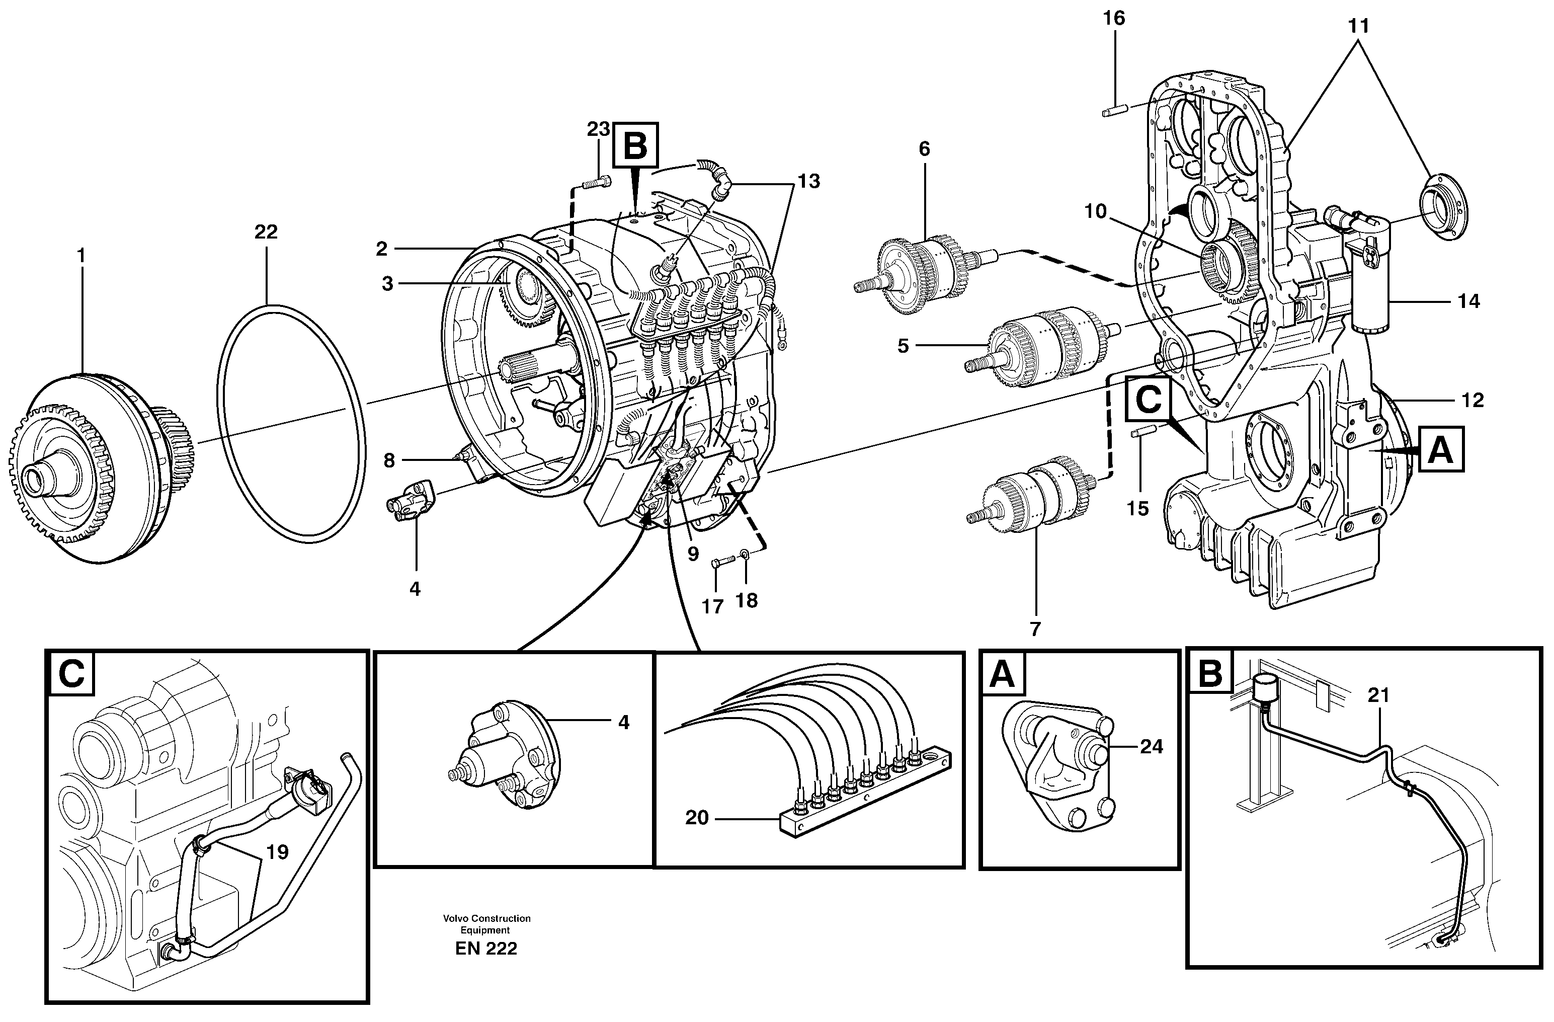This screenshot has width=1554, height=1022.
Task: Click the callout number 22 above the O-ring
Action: pos(266,232)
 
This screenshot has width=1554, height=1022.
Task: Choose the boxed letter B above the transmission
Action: pos(635,145)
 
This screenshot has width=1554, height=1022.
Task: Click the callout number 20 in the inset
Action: pos(697,818)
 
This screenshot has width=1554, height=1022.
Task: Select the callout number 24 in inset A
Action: pos(1151,746)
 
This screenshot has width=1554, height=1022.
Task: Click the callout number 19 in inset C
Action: pos(278,852)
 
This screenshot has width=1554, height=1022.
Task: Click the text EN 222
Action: pos(486,948)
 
